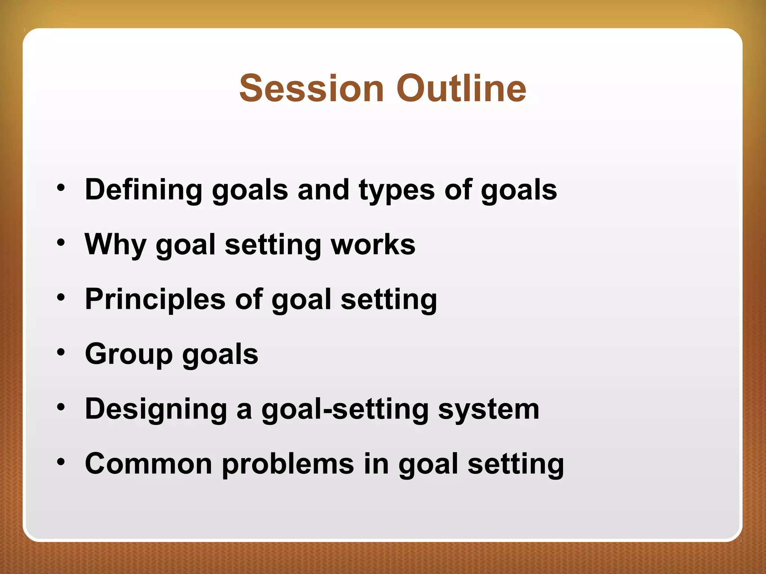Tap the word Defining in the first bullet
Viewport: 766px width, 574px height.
tap(144, 190)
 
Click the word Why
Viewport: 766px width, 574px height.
tap(115, 245)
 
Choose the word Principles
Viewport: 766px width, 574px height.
tap(155, 299)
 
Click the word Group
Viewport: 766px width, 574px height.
tap(129, 354)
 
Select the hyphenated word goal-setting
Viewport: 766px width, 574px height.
tap(344, 410)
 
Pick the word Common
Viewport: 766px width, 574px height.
tap(148, 464)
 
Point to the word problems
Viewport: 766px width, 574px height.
tap(288, 464)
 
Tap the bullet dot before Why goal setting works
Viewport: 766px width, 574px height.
tap(61, 243)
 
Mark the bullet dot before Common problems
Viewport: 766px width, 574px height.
tap(61, 462)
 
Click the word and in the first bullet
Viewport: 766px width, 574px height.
tap(323, 190)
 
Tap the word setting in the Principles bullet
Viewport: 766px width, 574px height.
tap(389, 300)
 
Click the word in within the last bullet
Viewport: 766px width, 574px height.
tap(376, 464)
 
